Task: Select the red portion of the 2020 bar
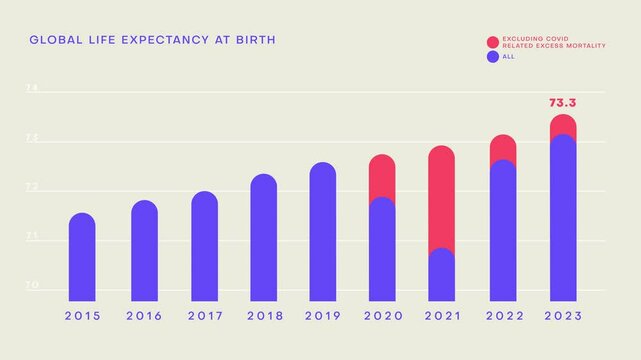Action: pos(382,176)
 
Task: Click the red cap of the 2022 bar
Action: pos(503,147)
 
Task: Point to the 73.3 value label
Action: pos(563,102)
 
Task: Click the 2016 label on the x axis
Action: pos(144,315)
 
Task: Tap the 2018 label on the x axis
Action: pos(264,315)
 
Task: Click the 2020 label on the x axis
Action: pos(382,315)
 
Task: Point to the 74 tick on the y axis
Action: pos(31,90)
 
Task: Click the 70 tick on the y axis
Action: pos(31,287)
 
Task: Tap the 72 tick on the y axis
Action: pos(31,188)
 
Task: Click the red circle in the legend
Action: pos(493,42)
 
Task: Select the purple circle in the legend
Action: pos(493,57)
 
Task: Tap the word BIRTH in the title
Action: pos(254,40)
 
